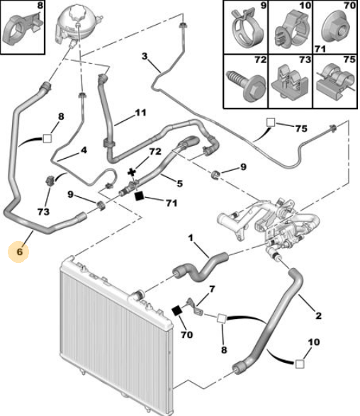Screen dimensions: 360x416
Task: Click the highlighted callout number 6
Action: (19, 252)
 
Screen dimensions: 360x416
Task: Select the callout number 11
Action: (140, 113)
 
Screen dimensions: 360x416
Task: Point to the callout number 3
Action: (145, 56)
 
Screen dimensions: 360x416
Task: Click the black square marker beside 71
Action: (139, 196)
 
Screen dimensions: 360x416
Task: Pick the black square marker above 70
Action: (176, 310)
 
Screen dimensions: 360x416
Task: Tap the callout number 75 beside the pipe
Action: (301, 128)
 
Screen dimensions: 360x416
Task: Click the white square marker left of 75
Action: (271, 123)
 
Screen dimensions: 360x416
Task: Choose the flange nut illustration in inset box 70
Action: (336, 30)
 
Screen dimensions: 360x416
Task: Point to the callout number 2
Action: (318, 315)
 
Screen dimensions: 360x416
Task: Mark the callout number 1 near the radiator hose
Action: (191, 237)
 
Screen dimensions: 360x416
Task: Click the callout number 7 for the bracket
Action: (212, 289)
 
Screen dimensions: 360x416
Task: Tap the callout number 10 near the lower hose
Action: (313, 342)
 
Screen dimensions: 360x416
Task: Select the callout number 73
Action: (43, 211)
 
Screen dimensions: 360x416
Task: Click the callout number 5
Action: (179, 184)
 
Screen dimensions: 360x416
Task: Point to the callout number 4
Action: (84, 150)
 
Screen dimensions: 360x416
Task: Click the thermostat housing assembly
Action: (268, 223)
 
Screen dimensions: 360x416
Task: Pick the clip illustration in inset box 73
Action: (290, 82)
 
